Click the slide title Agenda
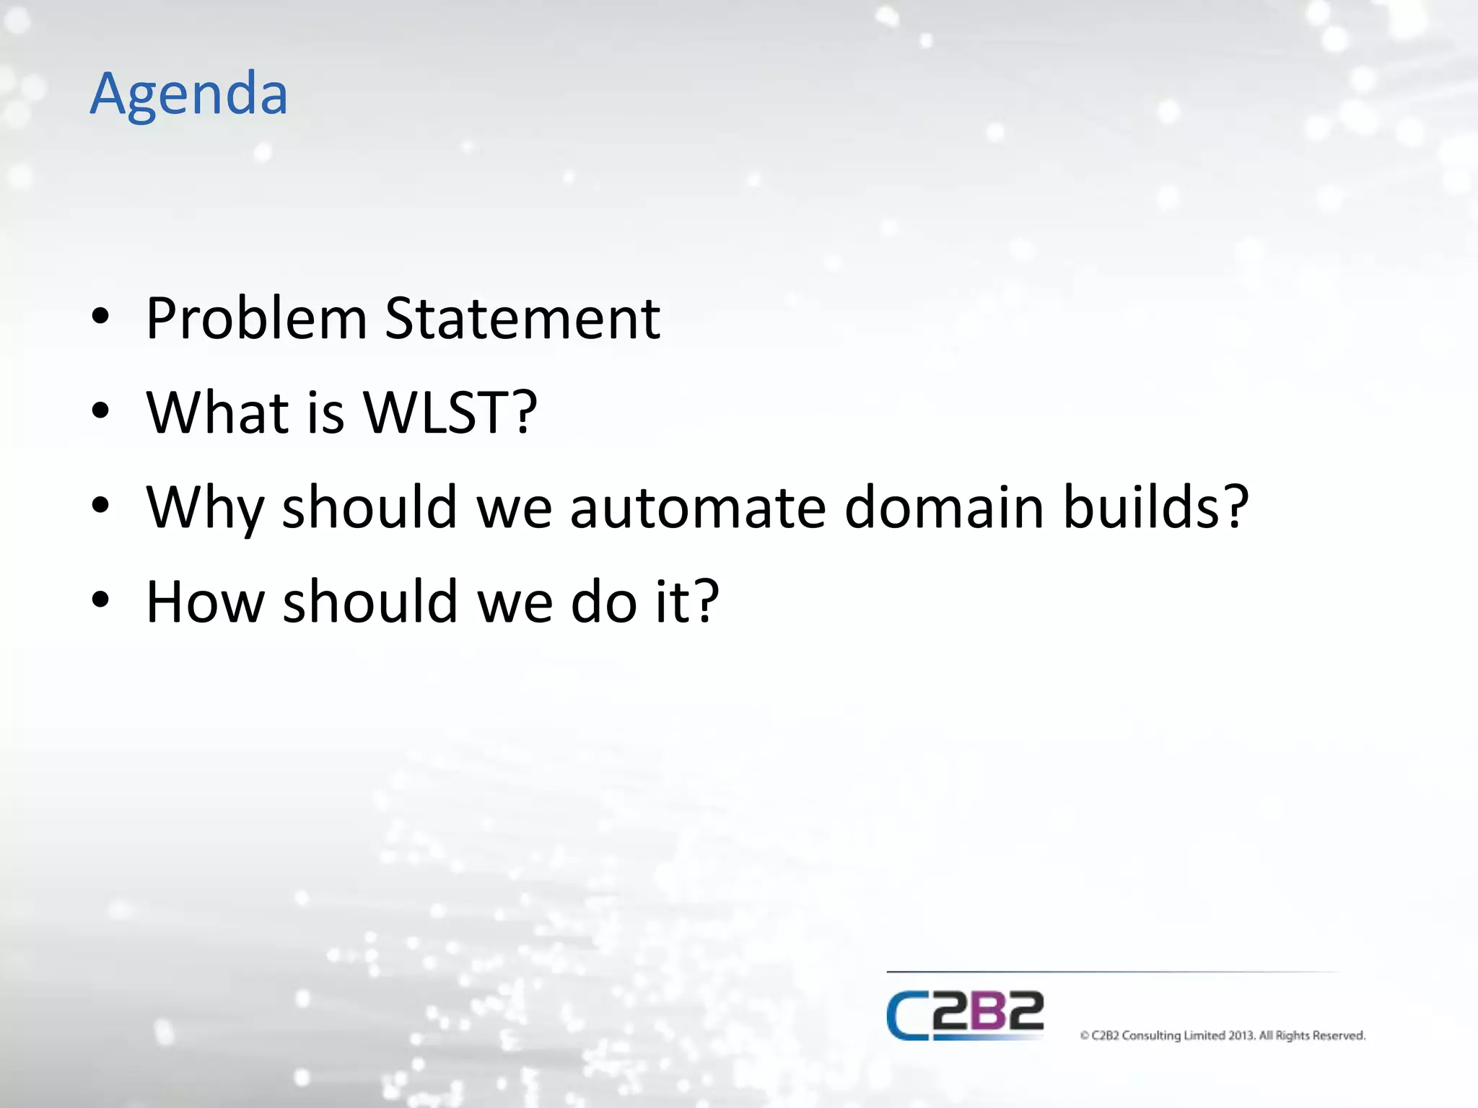pos(189,94)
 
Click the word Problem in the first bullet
pos(257,319)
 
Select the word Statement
pos(522,319)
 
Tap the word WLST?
pos(450,413)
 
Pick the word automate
pos(698,508)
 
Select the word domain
pos(944,508)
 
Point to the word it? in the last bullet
pos(687,602)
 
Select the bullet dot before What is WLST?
pos(100,411)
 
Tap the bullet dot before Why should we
pos(100,506)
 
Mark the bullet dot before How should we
pos(100,600)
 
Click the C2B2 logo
pos(965,1015)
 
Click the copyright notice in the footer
pos(1223,1036)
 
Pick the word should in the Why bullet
pos(369,508)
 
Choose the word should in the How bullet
pos(370,602)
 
